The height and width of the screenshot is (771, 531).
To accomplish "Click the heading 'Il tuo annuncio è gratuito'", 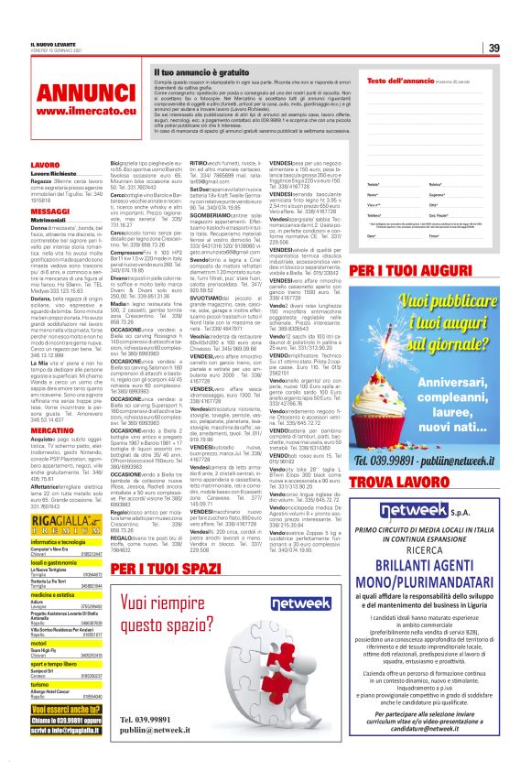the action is pyautogui.click(x=200, y=70).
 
